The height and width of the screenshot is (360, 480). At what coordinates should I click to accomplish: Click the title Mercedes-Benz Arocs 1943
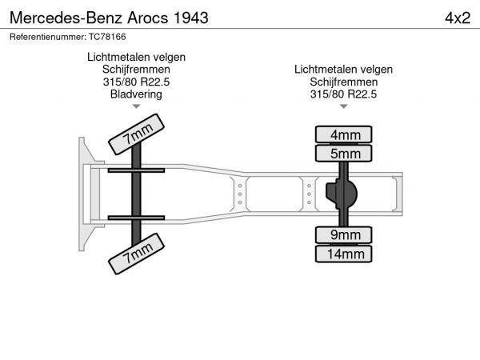tap(109, 18)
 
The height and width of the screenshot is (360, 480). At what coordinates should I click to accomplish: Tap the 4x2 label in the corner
tap(458, 18)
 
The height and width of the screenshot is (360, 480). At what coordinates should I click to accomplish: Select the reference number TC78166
tap(107, 37)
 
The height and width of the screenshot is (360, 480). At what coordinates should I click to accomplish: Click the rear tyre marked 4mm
tap(343, 134)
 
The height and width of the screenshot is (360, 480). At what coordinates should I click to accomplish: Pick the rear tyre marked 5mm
tap(343, 153)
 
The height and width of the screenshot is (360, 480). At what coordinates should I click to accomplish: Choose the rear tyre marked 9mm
tap(343, 234)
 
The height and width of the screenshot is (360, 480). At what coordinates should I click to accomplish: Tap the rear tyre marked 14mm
tap(343, 254)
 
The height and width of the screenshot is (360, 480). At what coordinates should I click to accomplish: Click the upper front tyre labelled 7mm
tap(136, 134)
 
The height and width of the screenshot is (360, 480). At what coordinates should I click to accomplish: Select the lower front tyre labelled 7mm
tap(136, 254)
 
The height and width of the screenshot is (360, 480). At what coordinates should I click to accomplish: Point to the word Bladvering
tap(136, 94)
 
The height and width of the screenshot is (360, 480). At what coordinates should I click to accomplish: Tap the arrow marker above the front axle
tap(136, 106)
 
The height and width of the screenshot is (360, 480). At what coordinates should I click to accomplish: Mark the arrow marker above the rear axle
tap(344, 106)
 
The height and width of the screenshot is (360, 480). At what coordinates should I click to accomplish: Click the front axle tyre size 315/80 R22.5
tap(136, 82)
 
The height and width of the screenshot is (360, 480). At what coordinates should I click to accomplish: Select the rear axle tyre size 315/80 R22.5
tap(343, 94)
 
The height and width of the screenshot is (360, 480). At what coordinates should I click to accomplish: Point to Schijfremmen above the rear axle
tap(343, 82)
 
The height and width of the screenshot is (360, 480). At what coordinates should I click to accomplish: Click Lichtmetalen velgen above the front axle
tap(136, 57)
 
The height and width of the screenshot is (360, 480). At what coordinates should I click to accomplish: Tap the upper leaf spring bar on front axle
tap(136, 170)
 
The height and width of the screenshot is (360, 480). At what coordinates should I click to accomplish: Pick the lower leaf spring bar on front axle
tap(136, 218)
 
